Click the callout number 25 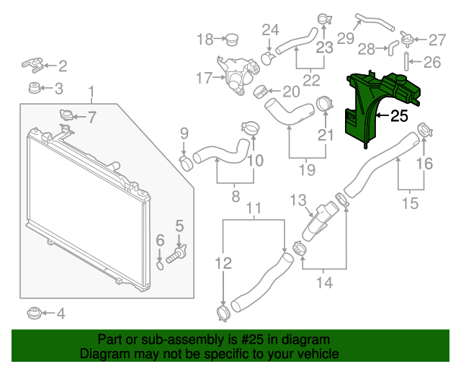tap(399, 115)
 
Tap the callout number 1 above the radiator tap(91, 91)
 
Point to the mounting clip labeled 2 tap(32, 65)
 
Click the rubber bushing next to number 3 tap(32, 89)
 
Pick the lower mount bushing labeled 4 tap(32, 314)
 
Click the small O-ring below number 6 tap(160, 267)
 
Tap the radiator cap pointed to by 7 tap(66, 115)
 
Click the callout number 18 tap(205, 38)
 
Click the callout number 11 tap(254, 210)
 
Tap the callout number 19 tap(307, 170)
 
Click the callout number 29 tap(346, 37)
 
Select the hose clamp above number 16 tap(424, 132)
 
